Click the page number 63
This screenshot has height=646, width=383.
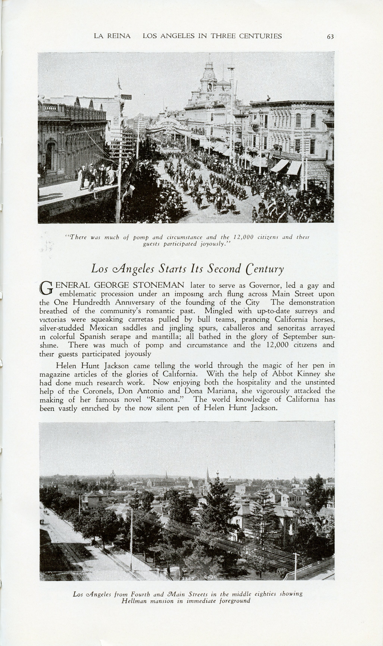click(330, 37)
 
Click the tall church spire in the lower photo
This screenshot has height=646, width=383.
click(207, 474)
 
